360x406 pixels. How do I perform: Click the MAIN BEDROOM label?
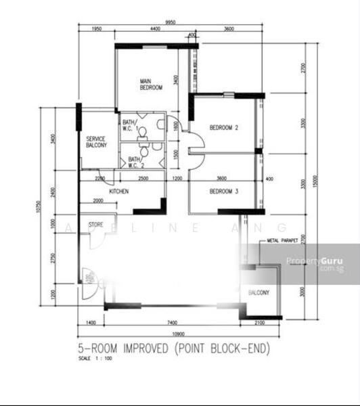click(x=151, y=84)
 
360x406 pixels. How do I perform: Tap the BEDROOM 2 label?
click(x=223, y=127)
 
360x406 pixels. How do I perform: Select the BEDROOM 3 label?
click(x=223, y=191)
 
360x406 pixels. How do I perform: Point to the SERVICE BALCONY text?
click(x=95, y=142)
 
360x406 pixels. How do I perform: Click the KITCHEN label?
click(x=119, y=191)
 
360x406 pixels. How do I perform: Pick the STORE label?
click(x=96, y=224)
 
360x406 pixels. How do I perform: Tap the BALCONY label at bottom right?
click(x=258, y=293)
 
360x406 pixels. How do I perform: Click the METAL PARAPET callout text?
click(x=283, y=240)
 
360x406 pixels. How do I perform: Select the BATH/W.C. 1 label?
click(x=130, y=125)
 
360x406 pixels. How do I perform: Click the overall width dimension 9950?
click(x=166, y=22)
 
